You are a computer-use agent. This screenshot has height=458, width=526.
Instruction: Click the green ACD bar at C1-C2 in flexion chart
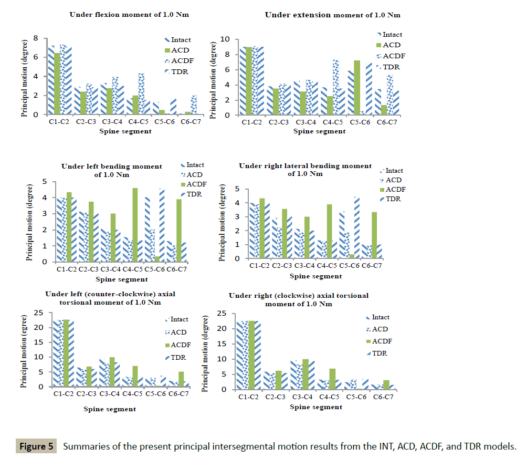click(57, 84)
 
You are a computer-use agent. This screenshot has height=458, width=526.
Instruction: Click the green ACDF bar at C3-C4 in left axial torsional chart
click(112, 372)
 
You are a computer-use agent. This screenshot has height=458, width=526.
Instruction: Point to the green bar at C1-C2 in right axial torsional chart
click(251, 355)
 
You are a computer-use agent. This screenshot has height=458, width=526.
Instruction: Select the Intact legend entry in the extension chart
click(392, 35)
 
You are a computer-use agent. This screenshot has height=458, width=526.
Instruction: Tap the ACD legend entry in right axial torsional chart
click(380, 329)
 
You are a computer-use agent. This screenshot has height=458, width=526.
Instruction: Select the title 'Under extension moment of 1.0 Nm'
click(333, 15)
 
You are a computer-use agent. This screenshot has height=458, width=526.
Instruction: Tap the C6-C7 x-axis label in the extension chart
click(386, 122)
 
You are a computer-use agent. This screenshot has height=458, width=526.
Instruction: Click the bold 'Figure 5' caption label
click(36, 447)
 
